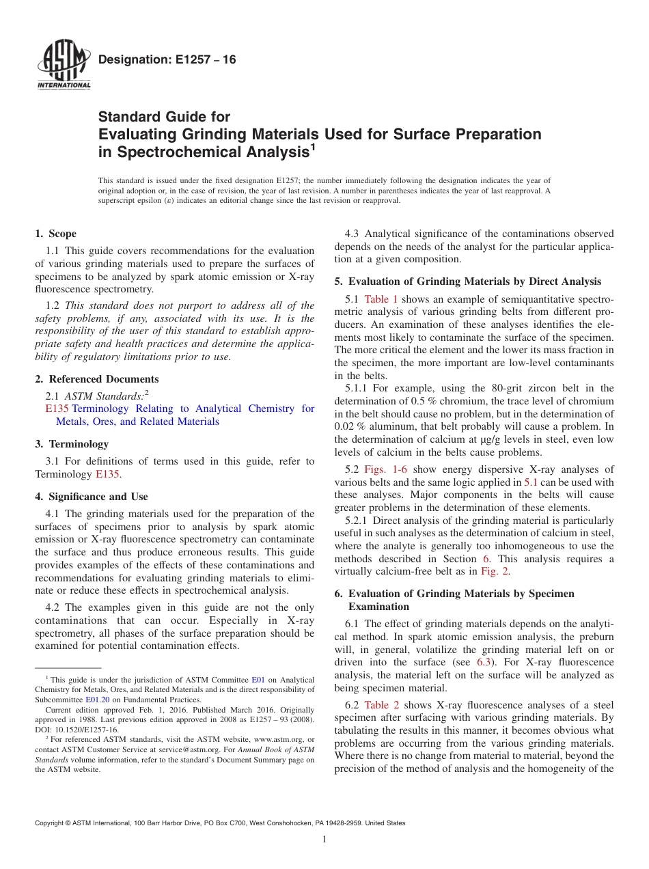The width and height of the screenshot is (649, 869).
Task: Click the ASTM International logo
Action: click(63, 66)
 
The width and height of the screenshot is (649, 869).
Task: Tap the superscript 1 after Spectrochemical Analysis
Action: click(312, 146)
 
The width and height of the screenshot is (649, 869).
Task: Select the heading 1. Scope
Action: click(56, 234)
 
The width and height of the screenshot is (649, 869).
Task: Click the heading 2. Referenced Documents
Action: click(97, 379)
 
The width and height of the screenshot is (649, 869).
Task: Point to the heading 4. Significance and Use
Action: click(92, 497)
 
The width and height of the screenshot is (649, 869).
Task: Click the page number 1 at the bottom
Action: click(324, 840)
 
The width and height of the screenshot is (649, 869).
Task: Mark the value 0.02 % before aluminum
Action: click(351, 427)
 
